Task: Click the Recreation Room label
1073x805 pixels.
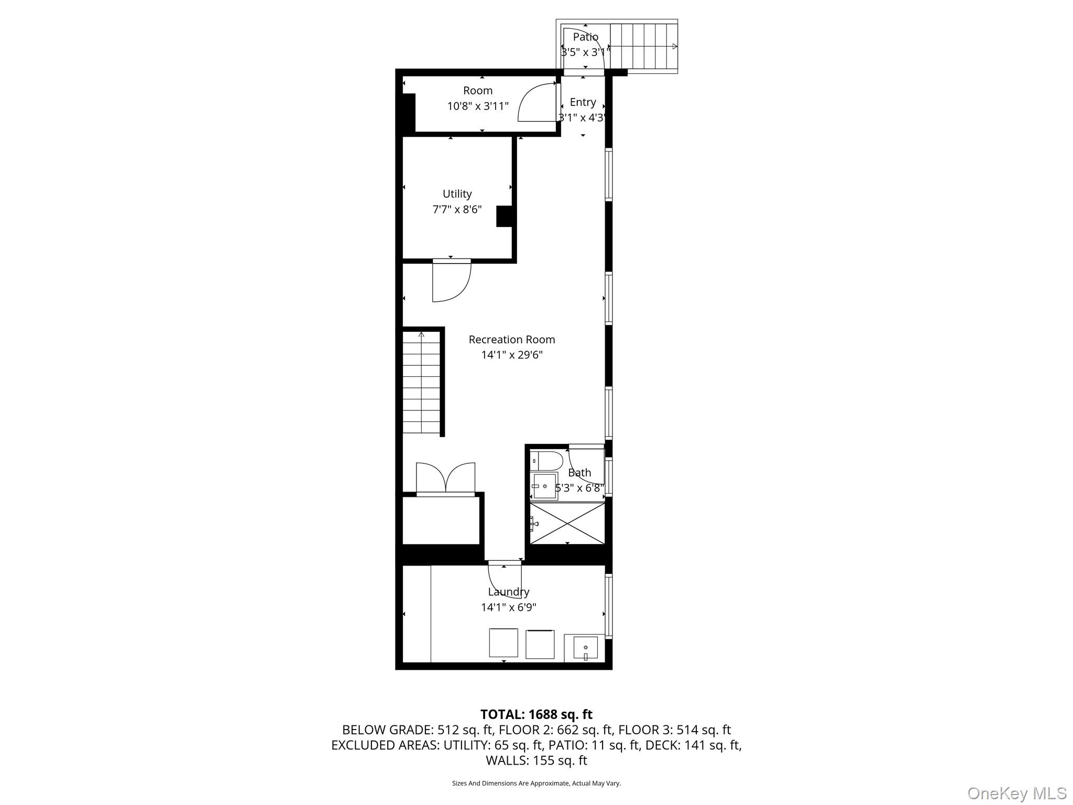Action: (511, 340)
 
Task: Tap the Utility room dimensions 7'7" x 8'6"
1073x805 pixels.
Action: (457, 210)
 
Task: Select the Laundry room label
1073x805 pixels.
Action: (508, 592)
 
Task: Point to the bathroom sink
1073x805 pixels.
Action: (544, 486)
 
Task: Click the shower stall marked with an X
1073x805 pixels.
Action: (567, 523)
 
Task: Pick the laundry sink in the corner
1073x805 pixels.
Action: (585, 648)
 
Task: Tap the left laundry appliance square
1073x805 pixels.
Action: (503, 643)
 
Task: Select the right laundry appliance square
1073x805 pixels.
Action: (540, 644)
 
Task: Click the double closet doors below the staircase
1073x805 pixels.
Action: (445, 478)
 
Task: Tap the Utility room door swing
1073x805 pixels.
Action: (451, 281)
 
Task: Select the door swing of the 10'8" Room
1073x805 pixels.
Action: (536, 103)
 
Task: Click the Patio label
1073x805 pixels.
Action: (585, 37)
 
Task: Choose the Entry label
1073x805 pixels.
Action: (583, 102)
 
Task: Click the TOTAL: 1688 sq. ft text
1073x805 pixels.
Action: (536, 714)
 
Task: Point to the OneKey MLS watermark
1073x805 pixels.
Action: (1016, 793)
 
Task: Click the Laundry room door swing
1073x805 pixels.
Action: (505, 580)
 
